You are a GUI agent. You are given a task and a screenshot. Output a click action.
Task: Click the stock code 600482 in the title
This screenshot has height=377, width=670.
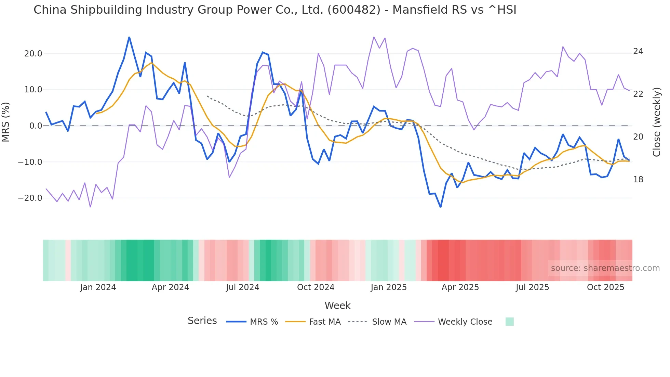tap(354, 10)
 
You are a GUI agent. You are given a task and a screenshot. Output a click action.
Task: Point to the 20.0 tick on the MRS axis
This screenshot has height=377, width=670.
tap(33, 54)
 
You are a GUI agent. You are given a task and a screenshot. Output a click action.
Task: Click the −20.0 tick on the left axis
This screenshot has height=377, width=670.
tap(30, 198)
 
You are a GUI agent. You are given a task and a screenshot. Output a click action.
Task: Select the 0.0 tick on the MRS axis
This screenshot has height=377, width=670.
tap(36, 126)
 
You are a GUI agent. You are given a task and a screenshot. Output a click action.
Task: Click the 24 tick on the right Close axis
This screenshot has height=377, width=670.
tap(638, 51)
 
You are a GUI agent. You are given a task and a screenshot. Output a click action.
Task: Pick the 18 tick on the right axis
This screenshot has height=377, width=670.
tap(638, 180)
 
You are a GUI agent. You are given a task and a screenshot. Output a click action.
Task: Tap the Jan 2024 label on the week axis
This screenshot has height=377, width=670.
tap(98, 287)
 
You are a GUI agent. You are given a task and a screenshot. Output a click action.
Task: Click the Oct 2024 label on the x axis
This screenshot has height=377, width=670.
tap(316, 287)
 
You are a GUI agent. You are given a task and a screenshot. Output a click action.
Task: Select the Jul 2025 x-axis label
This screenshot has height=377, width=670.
tap(532, 287)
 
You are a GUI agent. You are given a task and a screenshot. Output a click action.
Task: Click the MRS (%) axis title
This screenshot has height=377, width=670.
tap(6, 122)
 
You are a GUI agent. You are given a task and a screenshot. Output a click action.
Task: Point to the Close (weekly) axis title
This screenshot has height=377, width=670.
tap(657, 122)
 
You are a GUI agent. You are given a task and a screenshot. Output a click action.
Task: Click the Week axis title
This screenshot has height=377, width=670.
tap(337, 305)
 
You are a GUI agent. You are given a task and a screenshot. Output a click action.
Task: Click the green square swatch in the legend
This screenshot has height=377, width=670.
tap(509, 322)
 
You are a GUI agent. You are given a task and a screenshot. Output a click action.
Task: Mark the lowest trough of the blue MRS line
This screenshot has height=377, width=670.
tap(441, 207)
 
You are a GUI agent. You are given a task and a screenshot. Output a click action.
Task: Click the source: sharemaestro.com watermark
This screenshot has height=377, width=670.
tap(605, 268)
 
